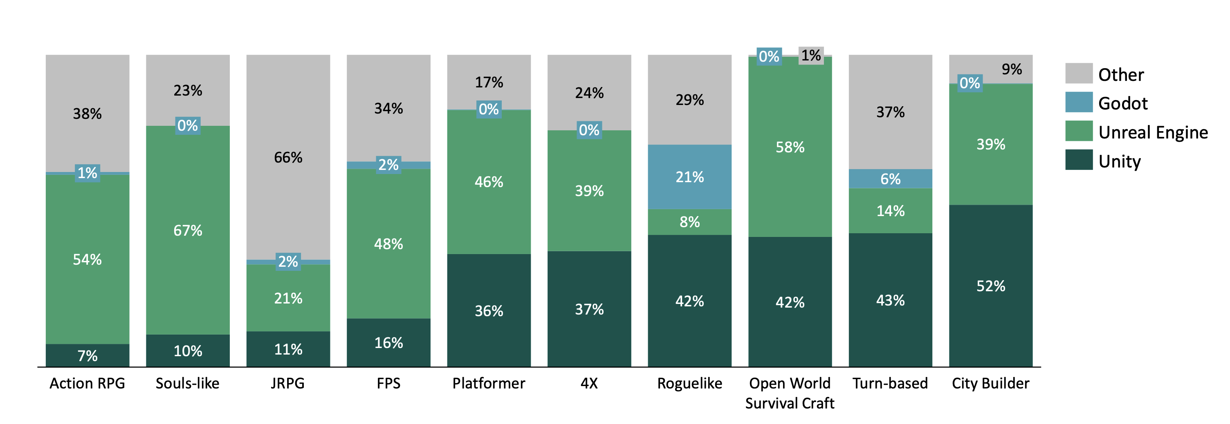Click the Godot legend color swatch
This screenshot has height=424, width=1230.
tap(1078, 102)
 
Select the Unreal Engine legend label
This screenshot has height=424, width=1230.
tap(1153, 132)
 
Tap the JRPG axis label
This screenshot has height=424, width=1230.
tap(287, 383)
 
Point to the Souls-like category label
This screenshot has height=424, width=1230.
tap(187, 383)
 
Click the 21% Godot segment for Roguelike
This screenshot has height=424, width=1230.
tap(689, 177)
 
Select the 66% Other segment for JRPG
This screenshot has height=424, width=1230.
tap(288, 157)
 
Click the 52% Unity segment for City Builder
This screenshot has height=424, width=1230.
tap(990, 286)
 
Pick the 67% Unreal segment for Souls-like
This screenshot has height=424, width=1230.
tap(188, 230)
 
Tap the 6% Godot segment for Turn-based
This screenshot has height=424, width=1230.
tap(890, 179)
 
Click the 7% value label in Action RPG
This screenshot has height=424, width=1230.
tap(88, 355)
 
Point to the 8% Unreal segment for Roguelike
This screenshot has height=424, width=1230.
tap(689, 222)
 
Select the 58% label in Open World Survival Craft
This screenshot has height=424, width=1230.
tap(790, 147)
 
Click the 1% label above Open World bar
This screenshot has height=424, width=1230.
tap(811, 55)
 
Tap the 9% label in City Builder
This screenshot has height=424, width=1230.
tap(1011, 69)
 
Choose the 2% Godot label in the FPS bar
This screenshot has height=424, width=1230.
tap(388, 165)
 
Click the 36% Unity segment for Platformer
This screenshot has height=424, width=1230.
tap(489, 310)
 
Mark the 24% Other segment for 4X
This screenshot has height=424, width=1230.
tap(589, 93)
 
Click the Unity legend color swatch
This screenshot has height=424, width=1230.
tap(1078, 160)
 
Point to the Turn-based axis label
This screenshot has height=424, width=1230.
tap(890, 383)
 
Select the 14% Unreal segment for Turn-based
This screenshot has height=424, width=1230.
tap(890, 210)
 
